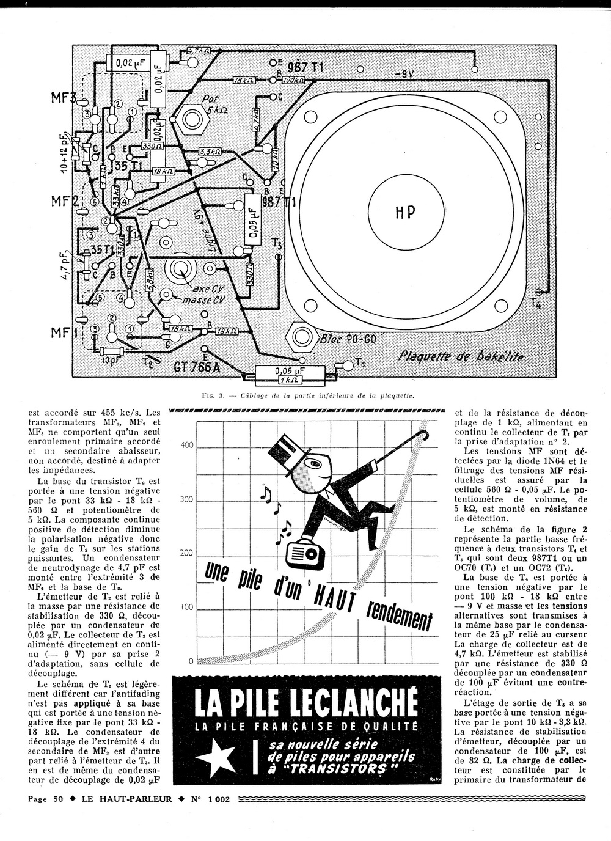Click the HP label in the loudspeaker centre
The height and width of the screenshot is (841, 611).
[402, 212]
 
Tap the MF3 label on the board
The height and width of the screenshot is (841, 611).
[63, 98]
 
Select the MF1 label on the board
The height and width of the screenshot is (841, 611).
[63, 333]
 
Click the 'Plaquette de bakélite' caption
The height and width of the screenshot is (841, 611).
[460, 356]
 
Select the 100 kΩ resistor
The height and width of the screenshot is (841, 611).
[294, 80]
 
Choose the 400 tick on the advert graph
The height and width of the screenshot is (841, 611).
[186, 445]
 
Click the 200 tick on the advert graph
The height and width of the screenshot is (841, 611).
[186, 553]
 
